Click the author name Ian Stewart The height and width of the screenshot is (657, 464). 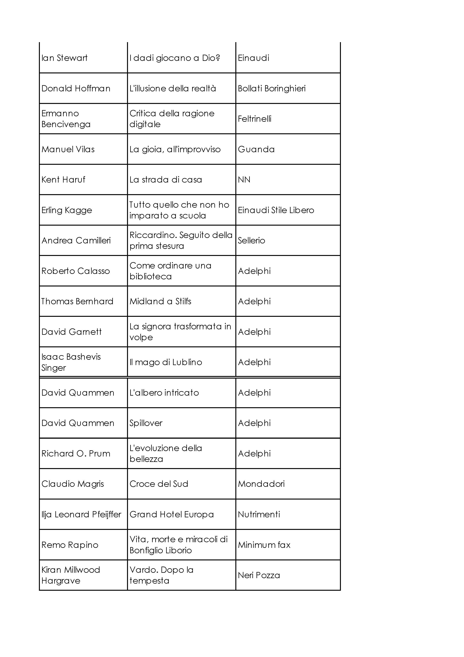pyautogui.click(x=64, y=58)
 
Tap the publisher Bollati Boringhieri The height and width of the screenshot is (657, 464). pyautogui.click(x=272, y=88)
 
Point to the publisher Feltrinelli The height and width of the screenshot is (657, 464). pyautogui.click(x=254, y=119)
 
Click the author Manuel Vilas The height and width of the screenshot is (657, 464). pyautogui.click(x=68, y=149)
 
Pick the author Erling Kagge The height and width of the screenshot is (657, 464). pyautogui.click(x=67, y=210)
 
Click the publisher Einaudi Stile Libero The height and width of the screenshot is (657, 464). pyautogui.click(x=276, y=210)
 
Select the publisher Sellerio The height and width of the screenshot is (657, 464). pyautogui.click(x=251, y=240)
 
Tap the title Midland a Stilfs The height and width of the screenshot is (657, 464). pyautogui.click(x=160, y=301)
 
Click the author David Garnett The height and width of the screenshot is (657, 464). pyautogui.click(x=71, y=332)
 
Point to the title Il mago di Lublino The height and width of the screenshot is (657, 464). pyautogui.click(x=166, y=362)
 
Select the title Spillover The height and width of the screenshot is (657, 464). pyautogui.click(x=146, y=423)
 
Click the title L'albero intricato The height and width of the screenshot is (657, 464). pyautogui.click(x=164, y=393)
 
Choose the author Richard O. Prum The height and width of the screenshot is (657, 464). pyautogui.click(x=76, y=453)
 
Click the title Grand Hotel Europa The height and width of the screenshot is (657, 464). pyautogui.click(x=172, y=514)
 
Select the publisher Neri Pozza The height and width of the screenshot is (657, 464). pyautogui.click(x=259, y=575)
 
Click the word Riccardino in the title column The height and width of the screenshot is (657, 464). pyautogui.click(x=152, y=235)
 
